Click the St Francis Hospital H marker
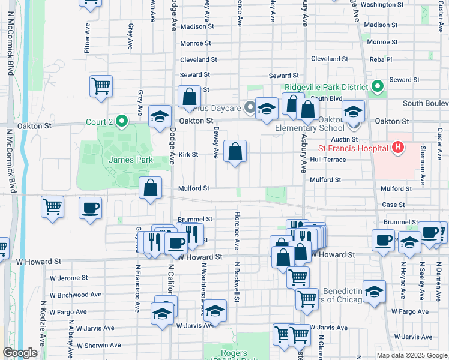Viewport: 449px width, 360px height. pyautogui.click(x=397, y=146)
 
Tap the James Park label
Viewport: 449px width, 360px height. pyautogui.click(x=131, y=160)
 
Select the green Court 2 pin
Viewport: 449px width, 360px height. pyautogui.click(x=122, y=122)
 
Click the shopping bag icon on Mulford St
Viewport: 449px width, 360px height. pyautogui.click(x=150, y=187)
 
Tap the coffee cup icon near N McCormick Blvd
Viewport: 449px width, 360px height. pyautogui.click(x=90, y=209)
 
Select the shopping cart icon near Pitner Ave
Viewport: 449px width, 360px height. pyautogui.click(x=101, y=86)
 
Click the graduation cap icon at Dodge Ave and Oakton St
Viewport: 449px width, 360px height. pyautogui.click(x=160, y=116)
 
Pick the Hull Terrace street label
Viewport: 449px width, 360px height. pyautogui.click(x=328, y=160)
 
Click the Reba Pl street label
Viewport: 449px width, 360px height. pyautogui.click(x=380, y=59)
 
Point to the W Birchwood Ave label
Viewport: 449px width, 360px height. pyautogui.click(x=76, y=295)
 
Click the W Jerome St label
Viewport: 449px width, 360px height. pyautogui.click(x=69, y=278)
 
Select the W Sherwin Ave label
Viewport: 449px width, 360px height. pyautogui.click(x=99, y=345)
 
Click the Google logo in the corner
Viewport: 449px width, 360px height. pyautogui.click(x=20, y=353)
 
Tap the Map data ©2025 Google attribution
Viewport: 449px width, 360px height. pyautogui.click(x=412, y=356)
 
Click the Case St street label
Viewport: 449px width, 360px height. pyautogui.click(x=393, y=205)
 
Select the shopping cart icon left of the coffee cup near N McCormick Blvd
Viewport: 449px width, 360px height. pyautogui.click(x=53, y=207)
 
